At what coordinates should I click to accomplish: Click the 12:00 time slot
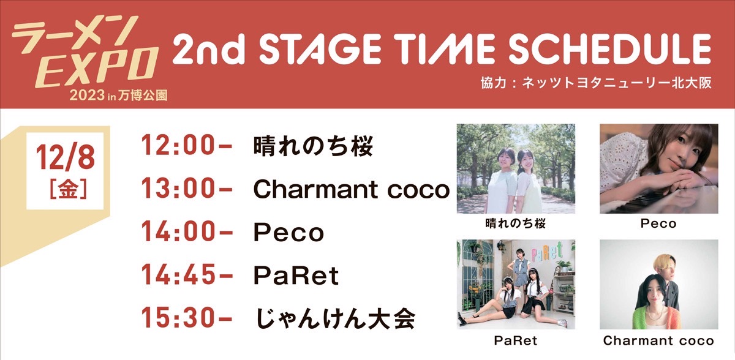point(186,145)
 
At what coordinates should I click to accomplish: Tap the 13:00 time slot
point(186,188)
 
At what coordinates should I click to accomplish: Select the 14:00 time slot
point(186,231)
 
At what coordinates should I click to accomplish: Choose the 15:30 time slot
point(186,317)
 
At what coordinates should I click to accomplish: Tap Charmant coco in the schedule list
point(352,189)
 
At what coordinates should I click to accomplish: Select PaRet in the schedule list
point(296,276)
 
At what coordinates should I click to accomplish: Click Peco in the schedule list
point(288,232)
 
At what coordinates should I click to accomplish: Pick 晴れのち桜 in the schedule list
point(314,146)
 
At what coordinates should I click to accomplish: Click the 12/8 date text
point(66,158)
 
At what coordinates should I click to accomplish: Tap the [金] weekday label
point(68,189)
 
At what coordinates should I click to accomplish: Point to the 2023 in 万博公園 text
point(118,96)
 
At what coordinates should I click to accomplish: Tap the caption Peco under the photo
point(658,223)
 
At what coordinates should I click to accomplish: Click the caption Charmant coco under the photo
point(658,340)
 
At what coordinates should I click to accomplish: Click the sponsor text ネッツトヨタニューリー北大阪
point(616,83)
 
